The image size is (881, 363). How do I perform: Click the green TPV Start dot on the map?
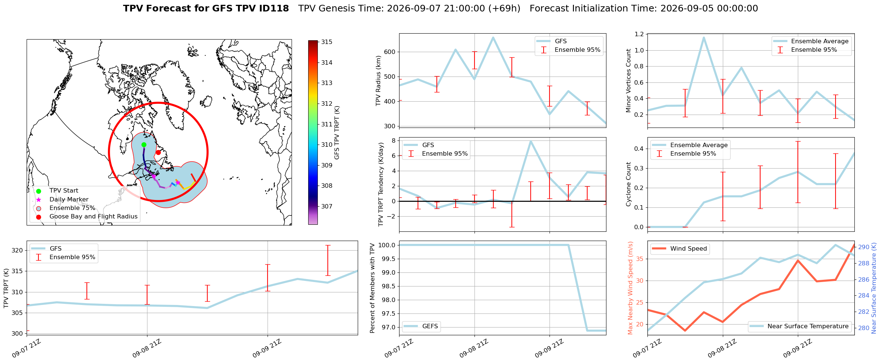coord(144,145)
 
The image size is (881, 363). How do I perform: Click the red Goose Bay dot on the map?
coord(158,152)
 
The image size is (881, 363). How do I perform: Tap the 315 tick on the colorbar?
coord(327,42)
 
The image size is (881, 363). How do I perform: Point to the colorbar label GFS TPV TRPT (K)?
coord(337,133)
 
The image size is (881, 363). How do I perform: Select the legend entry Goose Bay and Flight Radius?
coord(93,217)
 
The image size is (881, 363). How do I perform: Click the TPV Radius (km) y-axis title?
coord(378,81)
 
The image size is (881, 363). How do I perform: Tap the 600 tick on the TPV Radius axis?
coord(390,52)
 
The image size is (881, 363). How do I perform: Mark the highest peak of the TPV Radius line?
coord(493,37)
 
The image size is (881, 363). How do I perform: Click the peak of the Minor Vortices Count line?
coord(704,37)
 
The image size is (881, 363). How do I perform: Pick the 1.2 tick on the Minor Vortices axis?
coord(639,34)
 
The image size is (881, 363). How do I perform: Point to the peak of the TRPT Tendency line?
coord(531,141)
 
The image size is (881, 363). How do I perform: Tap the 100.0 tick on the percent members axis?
coord(387,245)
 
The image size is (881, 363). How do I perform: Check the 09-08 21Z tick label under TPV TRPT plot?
coord(147,349)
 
